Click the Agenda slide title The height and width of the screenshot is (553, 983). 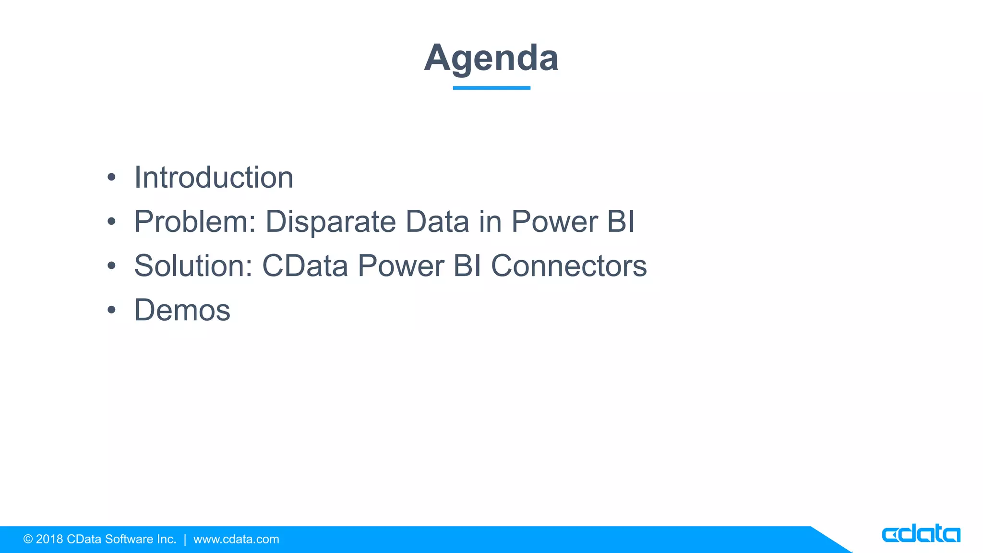point(491,58)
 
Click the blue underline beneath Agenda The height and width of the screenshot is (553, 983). point(491,88)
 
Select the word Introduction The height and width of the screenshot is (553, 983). point(214,178)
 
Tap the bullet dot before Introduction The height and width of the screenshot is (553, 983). point(111,178)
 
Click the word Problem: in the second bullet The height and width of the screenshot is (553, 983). point(195,222)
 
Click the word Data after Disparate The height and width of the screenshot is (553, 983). point(437,222)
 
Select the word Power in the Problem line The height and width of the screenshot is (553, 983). point(554,222)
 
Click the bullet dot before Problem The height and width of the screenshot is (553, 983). point(111,222)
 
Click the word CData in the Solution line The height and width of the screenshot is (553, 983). point(305,266)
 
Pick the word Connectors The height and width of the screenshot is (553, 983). point(569,266)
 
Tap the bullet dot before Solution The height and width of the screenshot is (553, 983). point(111,266)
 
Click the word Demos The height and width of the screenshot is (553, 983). point(182,310)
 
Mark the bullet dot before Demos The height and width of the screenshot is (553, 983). point(111,310)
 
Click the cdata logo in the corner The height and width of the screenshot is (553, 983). point(921,534)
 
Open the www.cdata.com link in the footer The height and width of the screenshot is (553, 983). point(236,539)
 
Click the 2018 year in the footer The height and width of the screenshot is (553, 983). point(49,539)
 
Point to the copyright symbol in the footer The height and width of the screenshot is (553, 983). point(28,539)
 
